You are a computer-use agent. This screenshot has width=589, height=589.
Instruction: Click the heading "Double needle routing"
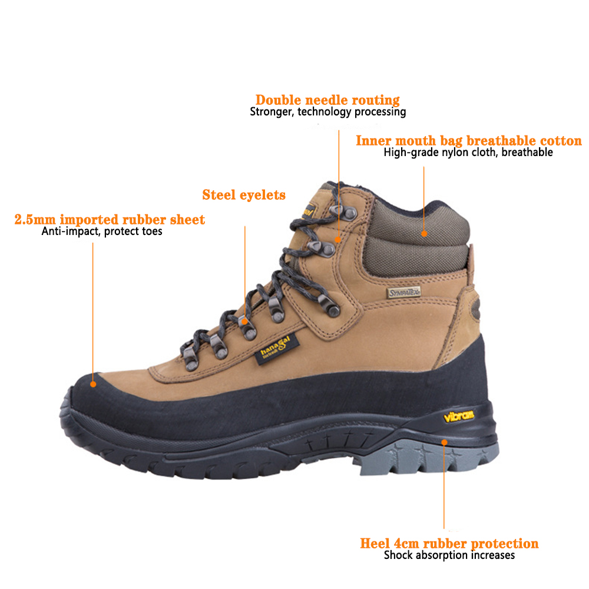pyautogui.click(x=327, y=100)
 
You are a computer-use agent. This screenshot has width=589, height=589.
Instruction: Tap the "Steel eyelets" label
pyautogui.click(x=244, y=195)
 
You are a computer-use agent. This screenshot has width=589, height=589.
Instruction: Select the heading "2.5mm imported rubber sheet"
pyautogui.click(x=110, y=220)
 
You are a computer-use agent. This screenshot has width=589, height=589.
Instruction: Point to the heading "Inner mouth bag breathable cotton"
pyautogui.click(x=468, y=141)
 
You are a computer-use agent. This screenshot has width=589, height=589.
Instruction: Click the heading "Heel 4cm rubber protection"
pyautogui.click(x=449, y=544)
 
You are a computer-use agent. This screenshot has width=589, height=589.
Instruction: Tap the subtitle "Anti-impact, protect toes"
pyautogui.click(x=102, y=231)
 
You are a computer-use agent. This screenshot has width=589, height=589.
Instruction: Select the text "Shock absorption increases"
pyautogui.click(x=449, y=555)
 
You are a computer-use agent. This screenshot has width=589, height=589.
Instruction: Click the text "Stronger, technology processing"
pyautogui.click(x=328, y=112)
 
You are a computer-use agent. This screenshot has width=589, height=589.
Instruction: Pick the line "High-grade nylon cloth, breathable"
pyautogui.click(x=468, y=153)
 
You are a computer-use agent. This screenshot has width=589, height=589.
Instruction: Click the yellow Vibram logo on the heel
pyautogui.click(x=458, y=416)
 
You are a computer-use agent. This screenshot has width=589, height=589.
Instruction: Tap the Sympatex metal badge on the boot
pyautogui.click(x=403, y=293)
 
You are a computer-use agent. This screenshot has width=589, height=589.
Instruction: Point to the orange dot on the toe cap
pyautogui.click(x=93, y=384)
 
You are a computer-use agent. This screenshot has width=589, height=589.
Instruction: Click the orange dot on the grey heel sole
pyautogui.click(x=444, y=442)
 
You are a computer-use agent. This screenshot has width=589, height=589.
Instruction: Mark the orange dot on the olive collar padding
pyautogui.click(x=424, y=234)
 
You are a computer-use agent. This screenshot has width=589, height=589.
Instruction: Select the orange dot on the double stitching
pyautogui.click(x=338, y=240)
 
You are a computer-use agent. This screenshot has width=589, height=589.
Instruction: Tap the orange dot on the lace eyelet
pyautogui.click(x=245, y=322)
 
